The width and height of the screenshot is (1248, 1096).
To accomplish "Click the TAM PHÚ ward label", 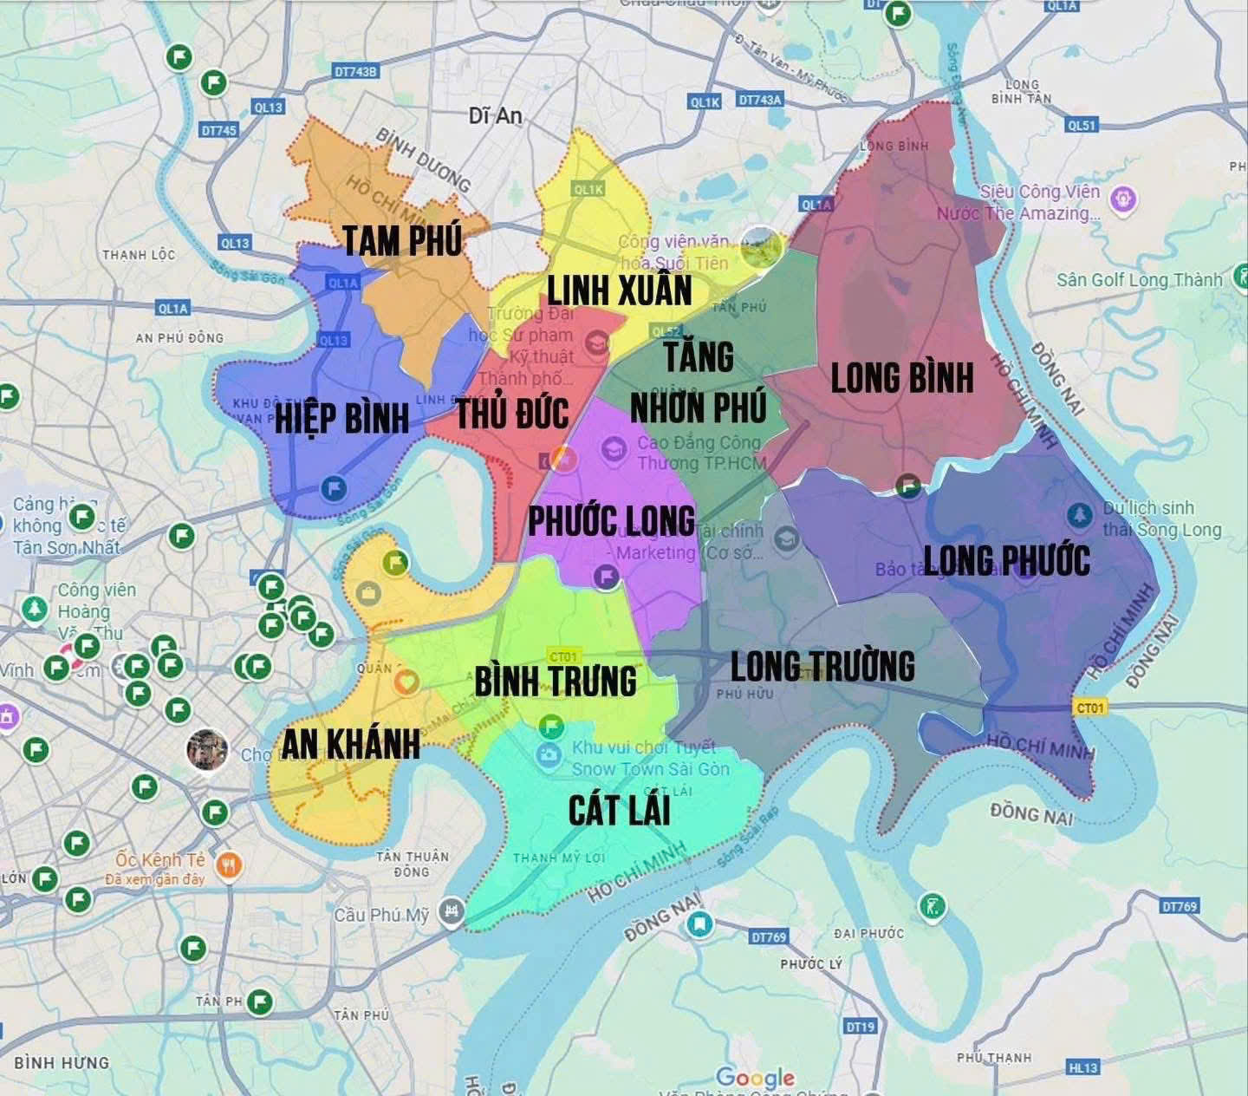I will (x=402, y=240).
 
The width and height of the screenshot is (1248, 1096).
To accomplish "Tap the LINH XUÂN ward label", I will (x=619, y=290).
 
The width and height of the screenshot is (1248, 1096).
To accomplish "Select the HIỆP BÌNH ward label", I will (x=341, y=418).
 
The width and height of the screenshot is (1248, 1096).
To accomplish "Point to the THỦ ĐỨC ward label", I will (x=512, y=414).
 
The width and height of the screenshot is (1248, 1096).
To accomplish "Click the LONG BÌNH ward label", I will (x=902, y=378).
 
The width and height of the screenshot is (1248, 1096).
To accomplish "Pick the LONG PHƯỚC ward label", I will (x=1006, y=560).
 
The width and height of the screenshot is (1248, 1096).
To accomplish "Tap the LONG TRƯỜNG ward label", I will (x=822, y=666).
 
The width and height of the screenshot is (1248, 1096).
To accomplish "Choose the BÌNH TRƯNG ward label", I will (x=556, y=681).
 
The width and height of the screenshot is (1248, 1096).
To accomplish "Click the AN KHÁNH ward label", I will (x=351, y=744).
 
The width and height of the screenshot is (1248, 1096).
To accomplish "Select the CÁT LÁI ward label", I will (x=619, y=810).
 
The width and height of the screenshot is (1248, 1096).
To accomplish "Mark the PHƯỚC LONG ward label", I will (x=612, y=521).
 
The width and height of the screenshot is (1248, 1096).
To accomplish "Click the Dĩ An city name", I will (x=495, y=115).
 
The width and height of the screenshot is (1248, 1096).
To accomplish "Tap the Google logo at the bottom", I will (x=755, y=1078).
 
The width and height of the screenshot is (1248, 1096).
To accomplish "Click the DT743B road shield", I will (x=356, y=72).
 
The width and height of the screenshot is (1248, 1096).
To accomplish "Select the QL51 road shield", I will (x=1082, y=125).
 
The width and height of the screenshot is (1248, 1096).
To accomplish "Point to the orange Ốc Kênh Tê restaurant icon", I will (x=228, y=865).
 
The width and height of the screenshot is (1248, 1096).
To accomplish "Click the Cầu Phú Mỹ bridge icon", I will (x=450, y=912).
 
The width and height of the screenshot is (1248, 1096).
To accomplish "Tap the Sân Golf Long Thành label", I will (x=1139, y=280).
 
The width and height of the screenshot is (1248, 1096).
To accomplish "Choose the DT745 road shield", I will (x=218, y=130).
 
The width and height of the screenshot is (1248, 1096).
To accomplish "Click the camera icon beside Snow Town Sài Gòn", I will (x=548, y=755).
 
